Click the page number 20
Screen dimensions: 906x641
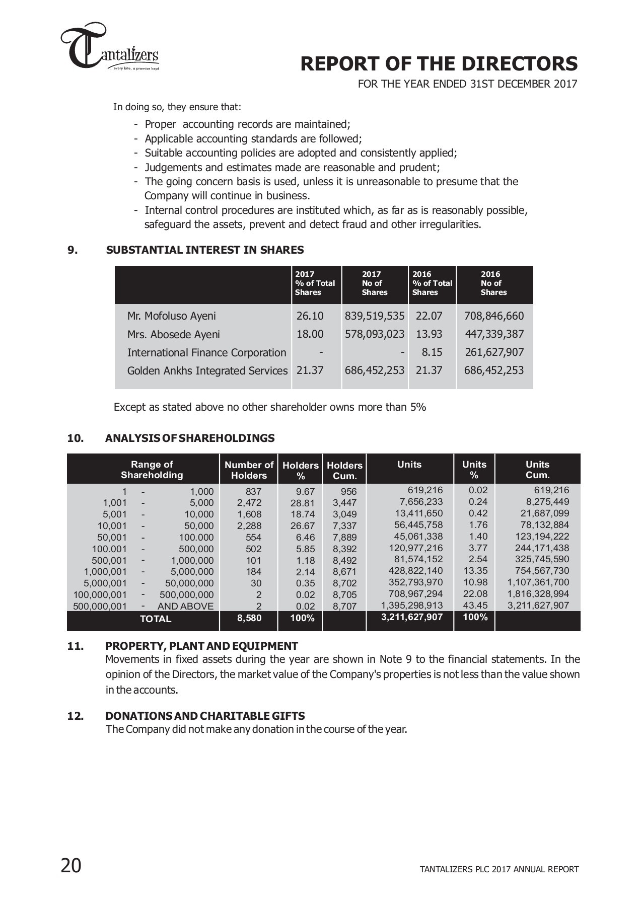71,866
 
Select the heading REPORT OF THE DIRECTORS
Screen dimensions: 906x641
439,64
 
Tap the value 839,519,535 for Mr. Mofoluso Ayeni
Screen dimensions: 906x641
374,316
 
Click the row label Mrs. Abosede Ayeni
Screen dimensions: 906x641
173,335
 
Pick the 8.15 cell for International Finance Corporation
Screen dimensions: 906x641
432,352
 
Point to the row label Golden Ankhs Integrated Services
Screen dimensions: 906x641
207,371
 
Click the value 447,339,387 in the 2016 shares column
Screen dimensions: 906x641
493,334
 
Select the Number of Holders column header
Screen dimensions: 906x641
249,470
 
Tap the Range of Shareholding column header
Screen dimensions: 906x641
152,470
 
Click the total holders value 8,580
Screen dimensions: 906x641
249,618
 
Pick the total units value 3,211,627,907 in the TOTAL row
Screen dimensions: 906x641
411,618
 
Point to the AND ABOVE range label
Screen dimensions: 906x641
185,607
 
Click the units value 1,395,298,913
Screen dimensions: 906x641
411,606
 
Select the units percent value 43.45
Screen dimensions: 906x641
475,606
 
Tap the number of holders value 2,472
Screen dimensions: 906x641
249,503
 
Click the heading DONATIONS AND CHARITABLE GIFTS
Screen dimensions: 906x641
205,716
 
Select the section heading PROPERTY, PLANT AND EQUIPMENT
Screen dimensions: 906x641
201,646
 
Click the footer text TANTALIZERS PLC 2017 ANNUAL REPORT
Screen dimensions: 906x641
499,869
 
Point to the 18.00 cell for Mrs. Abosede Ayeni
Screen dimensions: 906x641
310,334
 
